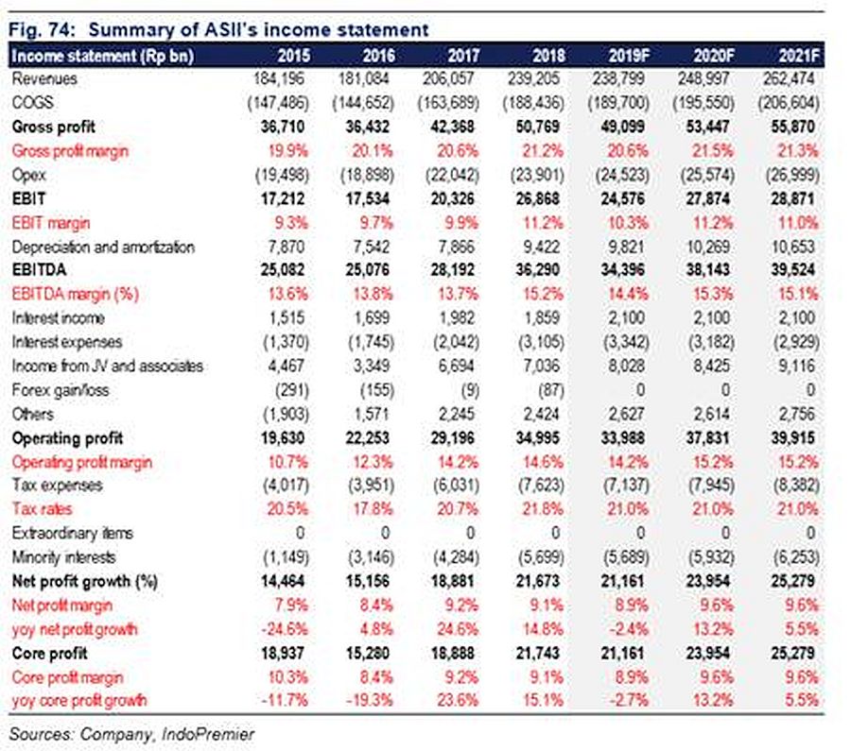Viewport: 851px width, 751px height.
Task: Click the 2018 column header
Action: (547, 56)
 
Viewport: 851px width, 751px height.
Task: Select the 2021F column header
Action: (798, 56)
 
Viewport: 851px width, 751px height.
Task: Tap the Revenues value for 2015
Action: (280, 79)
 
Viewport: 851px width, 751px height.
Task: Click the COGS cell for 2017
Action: (448, 103)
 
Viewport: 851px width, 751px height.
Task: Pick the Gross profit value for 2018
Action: (537, 127)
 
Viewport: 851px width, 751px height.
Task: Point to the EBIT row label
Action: (28, 199)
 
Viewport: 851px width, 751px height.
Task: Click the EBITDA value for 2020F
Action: (707, 270)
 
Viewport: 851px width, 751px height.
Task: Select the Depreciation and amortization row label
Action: (103, 247)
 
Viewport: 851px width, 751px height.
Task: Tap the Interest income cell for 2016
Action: (372, 318)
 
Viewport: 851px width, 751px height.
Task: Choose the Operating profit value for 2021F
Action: (793, 438)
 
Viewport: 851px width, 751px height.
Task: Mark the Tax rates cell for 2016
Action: (373, 509)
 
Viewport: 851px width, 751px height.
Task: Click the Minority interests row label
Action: (63, 557)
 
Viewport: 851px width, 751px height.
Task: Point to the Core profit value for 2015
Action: (283, 654)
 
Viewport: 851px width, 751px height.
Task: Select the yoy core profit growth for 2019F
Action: (629, 701)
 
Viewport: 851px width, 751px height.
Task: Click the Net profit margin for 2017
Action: (461, 606)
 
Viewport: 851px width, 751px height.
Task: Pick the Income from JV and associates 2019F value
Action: (626, 367)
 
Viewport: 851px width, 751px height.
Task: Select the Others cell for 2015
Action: (286, 415)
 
